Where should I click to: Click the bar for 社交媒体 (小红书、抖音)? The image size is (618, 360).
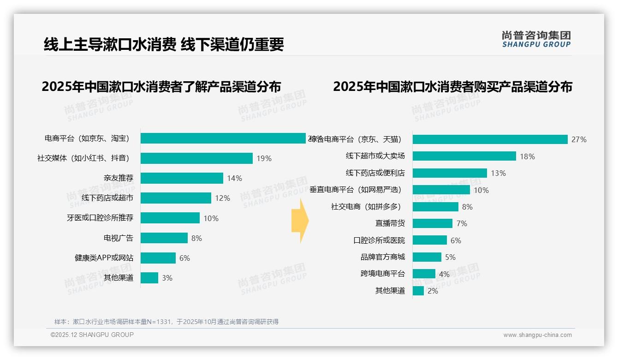pyautogui.click(x=196, y=158)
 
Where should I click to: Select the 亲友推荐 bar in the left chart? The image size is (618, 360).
pyautogui.click(x=182, y=178)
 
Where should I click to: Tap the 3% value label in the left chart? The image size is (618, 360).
pyautogui.click(x=167, y=278)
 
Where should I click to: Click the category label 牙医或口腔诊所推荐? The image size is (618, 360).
pyautogui.click(x=100, y=218)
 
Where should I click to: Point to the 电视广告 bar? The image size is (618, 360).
pyautogui.click(x=164, y=238)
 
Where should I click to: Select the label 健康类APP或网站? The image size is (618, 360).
pyautogui.click(x=104, y=258)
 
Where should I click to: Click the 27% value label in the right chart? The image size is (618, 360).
pyautogui.click(x=579, y=139)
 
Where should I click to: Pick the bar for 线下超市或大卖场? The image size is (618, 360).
pyautogui.click(x=464, y=156)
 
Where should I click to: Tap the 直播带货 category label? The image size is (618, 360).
pyautogui.click(x=390, y=223)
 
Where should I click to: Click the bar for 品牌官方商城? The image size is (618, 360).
pyautogui.click(x=427, y=257)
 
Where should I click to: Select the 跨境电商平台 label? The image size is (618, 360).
pyautogui.click(x=382, y=274)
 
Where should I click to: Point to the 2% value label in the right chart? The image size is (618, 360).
pyautogui.click(x=433, y=291)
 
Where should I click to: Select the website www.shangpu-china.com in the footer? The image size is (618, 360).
pyautogui.click(x=537, y=335)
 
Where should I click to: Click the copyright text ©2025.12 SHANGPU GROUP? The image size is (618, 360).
pyautogui.click(x=92, y=335)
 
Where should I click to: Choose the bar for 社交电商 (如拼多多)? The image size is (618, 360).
pyautogui.click(x=435, y=207)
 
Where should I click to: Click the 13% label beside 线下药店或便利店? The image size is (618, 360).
pyautogui.click(x=498, y=173)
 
